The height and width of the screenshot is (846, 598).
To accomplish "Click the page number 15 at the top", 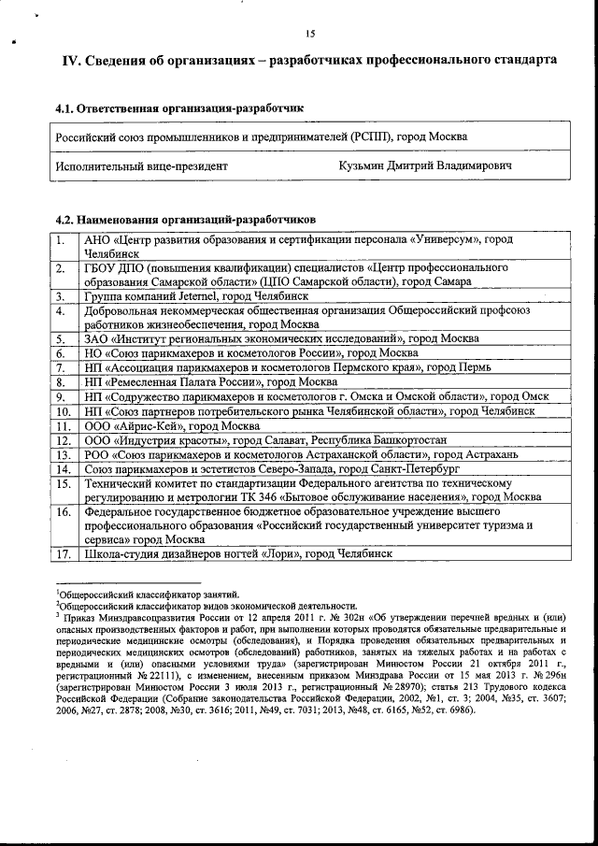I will click(310, 35).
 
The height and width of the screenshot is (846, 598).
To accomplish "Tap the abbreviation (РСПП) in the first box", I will click(371, 136).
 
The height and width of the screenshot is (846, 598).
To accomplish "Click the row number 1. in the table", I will click(61, 239).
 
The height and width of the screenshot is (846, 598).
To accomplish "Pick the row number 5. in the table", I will click(61, 339).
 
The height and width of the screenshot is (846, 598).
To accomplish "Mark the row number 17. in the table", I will click(64, 553).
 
